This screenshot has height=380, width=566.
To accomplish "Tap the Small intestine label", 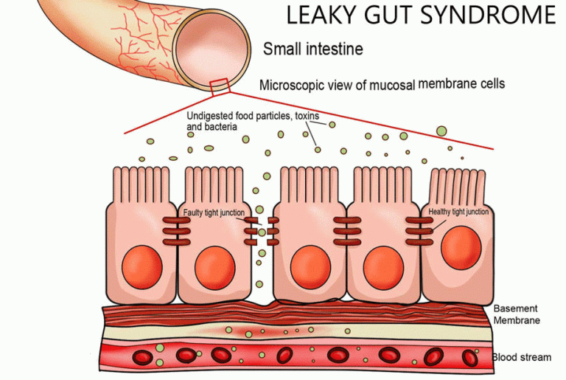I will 313,49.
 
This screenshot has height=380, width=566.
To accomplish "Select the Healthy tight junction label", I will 458,213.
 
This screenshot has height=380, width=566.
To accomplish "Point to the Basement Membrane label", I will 516,314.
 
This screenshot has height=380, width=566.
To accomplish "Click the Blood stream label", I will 521,358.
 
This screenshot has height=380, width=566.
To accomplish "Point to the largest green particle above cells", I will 441,131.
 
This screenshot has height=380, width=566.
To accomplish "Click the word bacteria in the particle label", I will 220,127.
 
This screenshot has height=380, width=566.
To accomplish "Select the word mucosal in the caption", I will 391,85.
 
